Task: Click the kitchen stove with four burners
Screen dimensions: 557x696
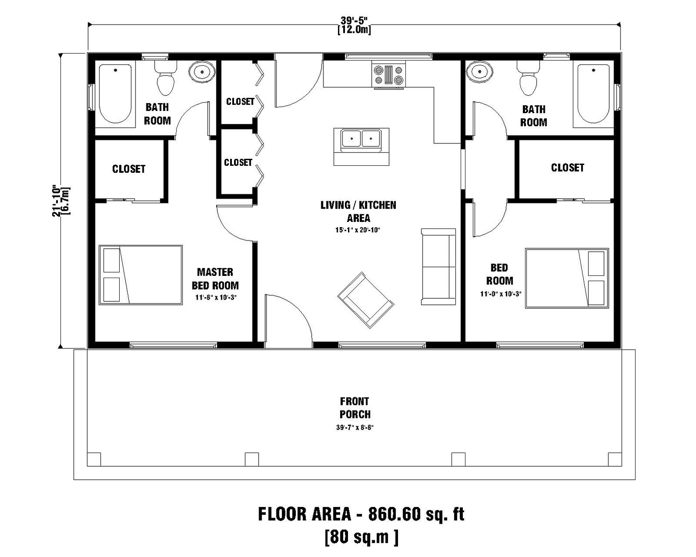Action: tap(388, 75)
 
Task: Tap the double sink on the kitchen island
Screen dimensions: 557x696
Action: tap(361, 139)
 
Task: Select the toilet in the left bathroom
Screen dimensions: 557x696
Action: tap(165, 78)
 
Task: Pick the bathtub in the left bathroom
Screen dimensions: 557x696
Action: tap(115, 93)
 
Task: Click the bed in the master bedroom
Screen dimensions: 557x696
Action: tap(140, 275)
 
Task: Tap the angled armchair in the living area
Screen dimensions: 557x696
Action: tap(365, 300)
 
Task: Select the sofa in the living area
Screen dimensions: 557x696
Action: tap(438, 266)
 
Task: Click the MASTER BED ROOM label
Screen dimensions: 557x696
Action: tap(215, 279)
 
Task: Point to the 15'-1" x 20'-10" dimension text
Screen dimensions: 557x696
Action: tap(358, 230)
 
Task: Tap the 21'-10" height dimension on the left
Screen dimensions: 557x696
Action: tap(57, 200)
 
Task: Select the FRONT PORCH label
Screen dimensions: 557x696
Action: tap(355, 408)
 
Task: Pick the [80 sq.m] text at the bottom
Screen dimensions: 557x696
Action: tap(362, 537)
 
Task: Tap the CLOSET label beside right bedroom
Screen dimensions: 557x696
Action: tap(567, 168)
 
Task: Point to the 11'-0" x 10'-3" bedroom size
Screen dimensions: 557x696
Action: tap(500, 294)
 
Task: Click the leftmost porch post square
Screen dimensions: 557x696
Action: tap(94, 459)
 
